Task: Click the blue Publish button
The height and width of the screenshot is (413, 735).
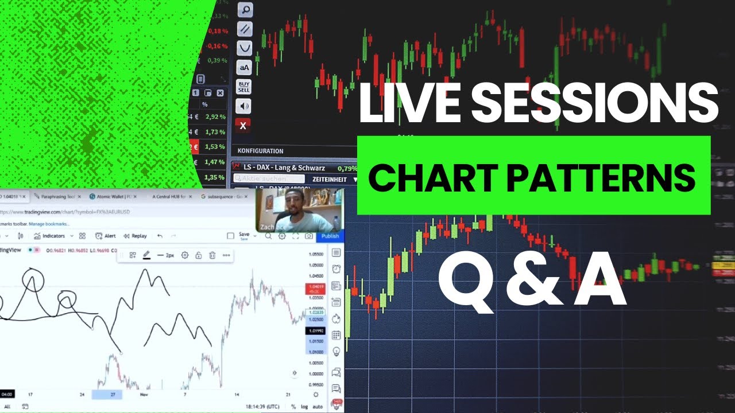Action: (330, 236)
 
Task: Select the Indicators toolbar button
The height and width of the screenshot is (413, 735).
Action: (51, 236)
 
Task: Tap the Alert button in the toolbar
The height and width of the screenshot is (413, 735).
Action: (106, 236)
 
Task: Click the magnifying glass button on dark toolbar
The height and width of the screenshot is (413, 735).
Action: (245, 10)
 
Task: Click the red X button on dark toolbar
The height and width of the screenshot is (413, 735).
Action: (243, 126)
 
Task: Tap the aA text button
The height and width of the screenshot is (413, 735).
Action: (244, 68)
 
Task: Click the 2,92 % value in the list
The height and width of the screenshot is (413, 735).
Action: (215, 116)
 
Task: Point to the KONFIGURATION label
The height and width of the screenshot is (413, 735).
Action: (260, 151)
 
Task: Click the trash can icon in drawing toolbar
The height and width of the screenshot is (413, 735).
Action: (212, 255)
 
